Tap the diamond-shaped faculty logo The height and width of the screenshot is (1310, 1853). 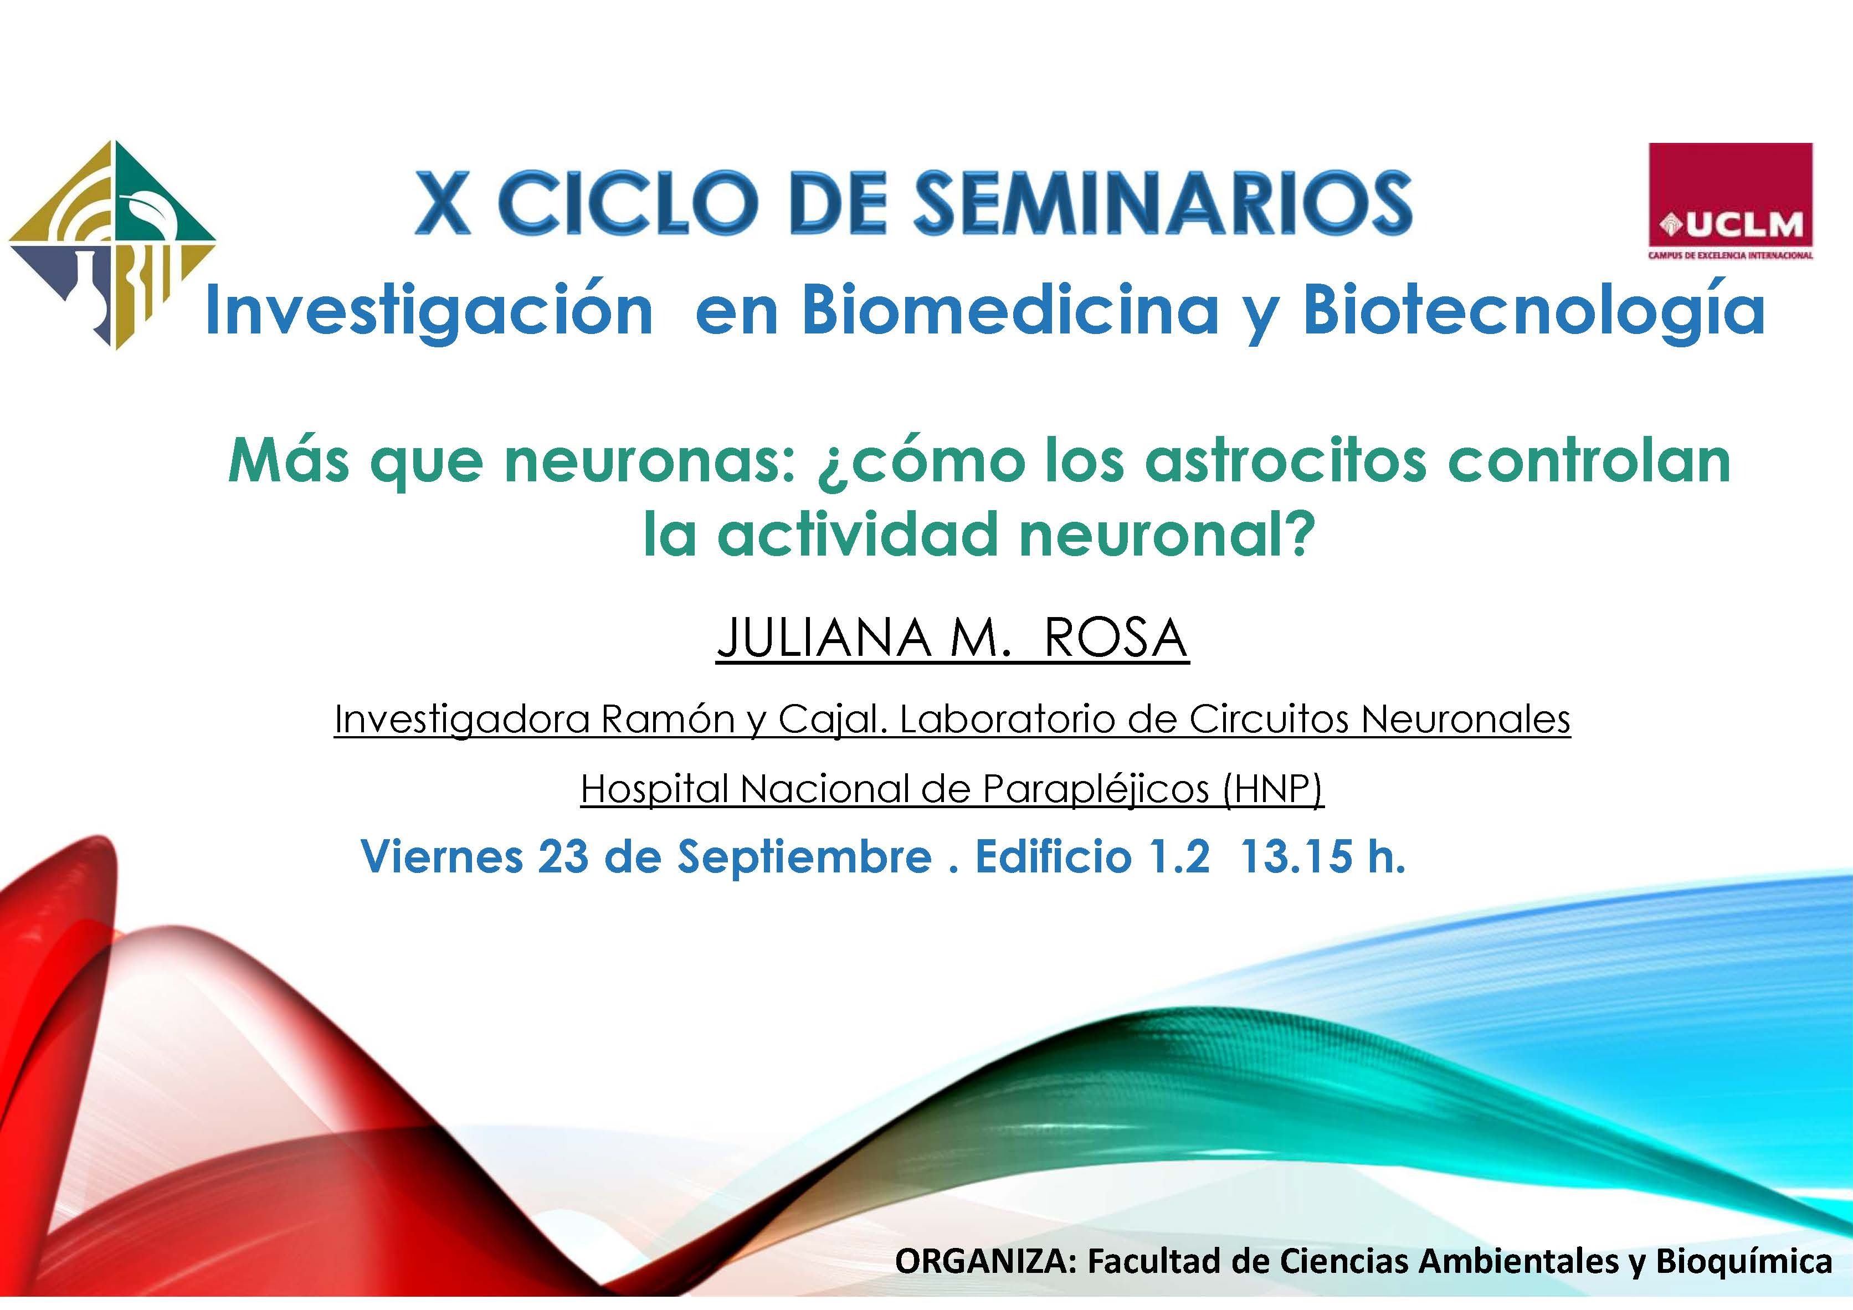point(112,245)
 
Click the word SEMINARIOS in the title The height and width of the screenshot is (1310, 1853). point(1163,203)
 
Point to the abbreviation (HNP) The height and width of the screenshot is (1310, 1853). point(1273,789)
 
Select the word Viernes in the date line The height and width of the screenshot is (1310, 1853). point(442,856)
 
